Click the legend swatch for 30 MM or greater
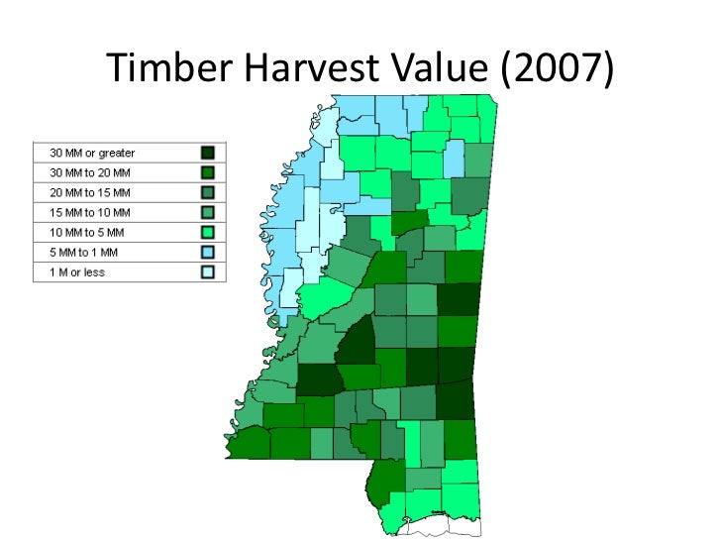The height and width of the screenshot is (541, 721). coord(208,153)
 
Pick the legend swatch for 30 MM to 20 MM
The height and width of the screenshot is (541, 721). coord(208,172)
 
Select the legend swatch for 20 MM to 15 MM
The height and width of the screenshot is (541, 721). coord(208,192)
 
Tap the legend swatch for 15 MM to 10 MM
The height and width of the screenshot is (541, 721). coord(208,212)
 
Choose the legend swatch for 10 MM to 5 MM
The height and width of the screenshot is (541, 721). coord(208,232)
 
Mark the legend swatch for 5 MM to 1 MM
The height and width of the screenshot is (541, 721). coord(208,252)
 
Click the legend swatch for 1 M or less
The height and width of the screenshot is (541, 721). coord(208,271)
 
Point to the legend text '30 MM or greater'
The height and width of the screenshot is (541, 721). coord(92,153)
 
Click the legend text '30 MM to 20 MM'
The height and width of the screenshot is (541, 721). coord(90,172)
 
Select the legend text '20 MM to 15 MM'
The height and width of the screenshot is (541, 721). coord(90,192)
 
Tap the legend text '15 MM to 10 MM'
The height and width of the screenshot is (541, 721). coord(90,212)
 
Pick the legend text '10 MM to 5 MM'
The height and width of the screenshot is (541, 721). coord(87,232)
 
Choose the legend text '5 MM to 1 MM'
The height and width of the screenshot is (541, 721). coord(84,252)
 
